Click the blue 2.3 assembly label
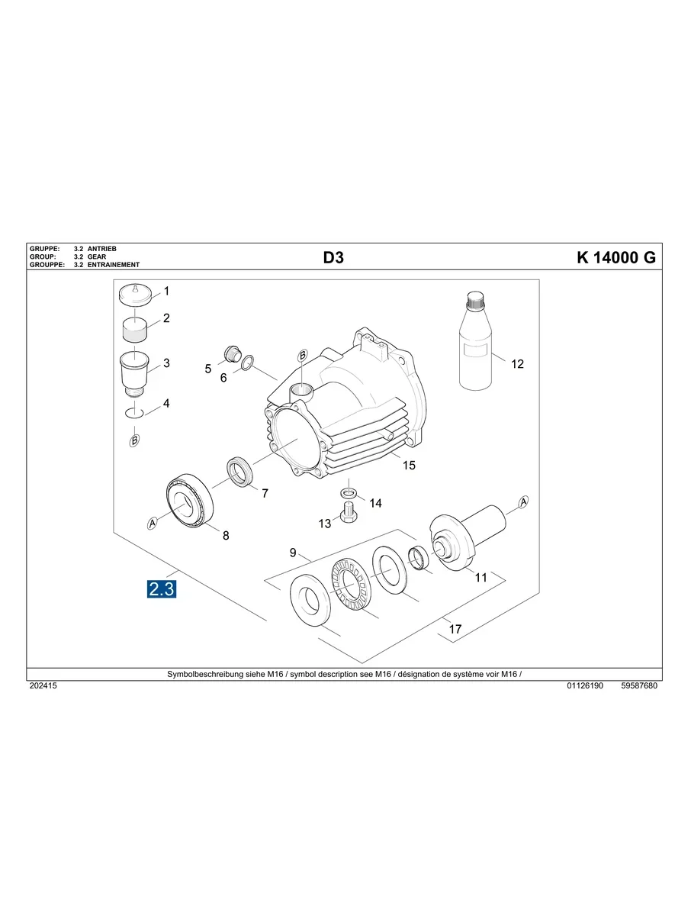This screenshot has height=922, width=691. (162, 588)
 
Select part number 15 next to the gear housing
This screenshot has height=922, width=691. (409, 465)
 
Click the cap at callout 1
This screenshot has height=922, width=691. (137, 295)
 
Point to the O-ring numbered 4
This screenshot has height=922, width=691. (135, 413)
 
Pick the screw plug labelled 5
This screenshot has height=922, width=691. (230, 353)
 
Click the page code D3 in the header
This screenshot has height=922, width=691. (333, 258)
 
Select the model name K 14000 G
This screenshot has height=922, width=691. (615, 258)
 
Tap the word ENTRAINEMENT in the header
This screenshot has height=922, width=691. (114, 265)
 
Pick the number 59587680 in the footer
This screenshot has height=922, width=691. (639, 686)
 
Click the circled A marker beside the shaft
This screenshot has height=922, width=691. (523, 501)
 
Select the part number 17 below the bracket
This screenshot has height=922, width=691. (455, 630)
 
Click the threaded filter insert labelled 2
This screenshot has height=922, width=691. (135, 330)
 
